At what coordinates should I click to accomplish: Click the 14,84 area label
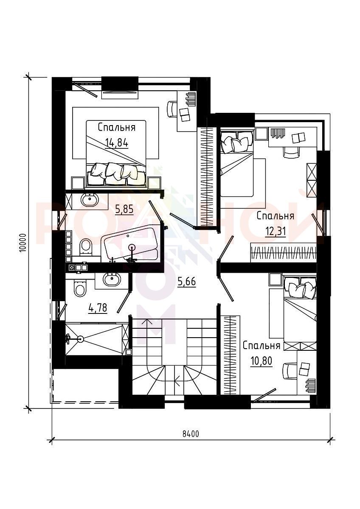[x=117, y=143]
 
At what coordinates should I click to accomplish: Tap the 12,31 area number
[x=276, y=232]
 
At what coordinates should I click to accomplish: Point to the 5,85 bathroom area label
[x=124, y=209]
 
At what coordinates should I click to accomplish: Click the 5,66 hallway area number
[x=187, y=282]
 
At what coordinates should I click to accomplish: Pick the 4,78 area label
[x=98, y=308]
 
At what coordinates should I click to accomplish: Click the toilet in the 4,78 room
[x=80, y=288]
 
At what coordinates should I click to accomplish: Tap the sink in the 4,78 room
[x=112, y=279]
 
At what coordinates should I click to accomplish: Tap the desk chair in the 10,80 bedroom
[x=290, y=371]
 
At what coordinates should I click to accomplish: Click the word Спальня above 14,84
[x=117, y=128]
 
